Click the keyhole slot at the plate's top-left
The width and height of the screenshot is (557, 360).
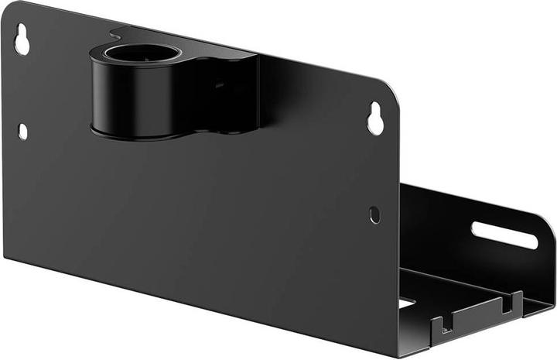[x=22, y=40]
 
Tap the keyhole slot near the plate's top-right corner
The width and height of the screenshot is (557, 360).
[x=376, y=118]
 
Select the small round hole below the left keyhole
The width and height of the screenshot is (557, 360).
[x=22, y=132]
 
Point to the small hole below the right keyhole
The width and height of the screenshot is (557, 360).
[x=374, y=214]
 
